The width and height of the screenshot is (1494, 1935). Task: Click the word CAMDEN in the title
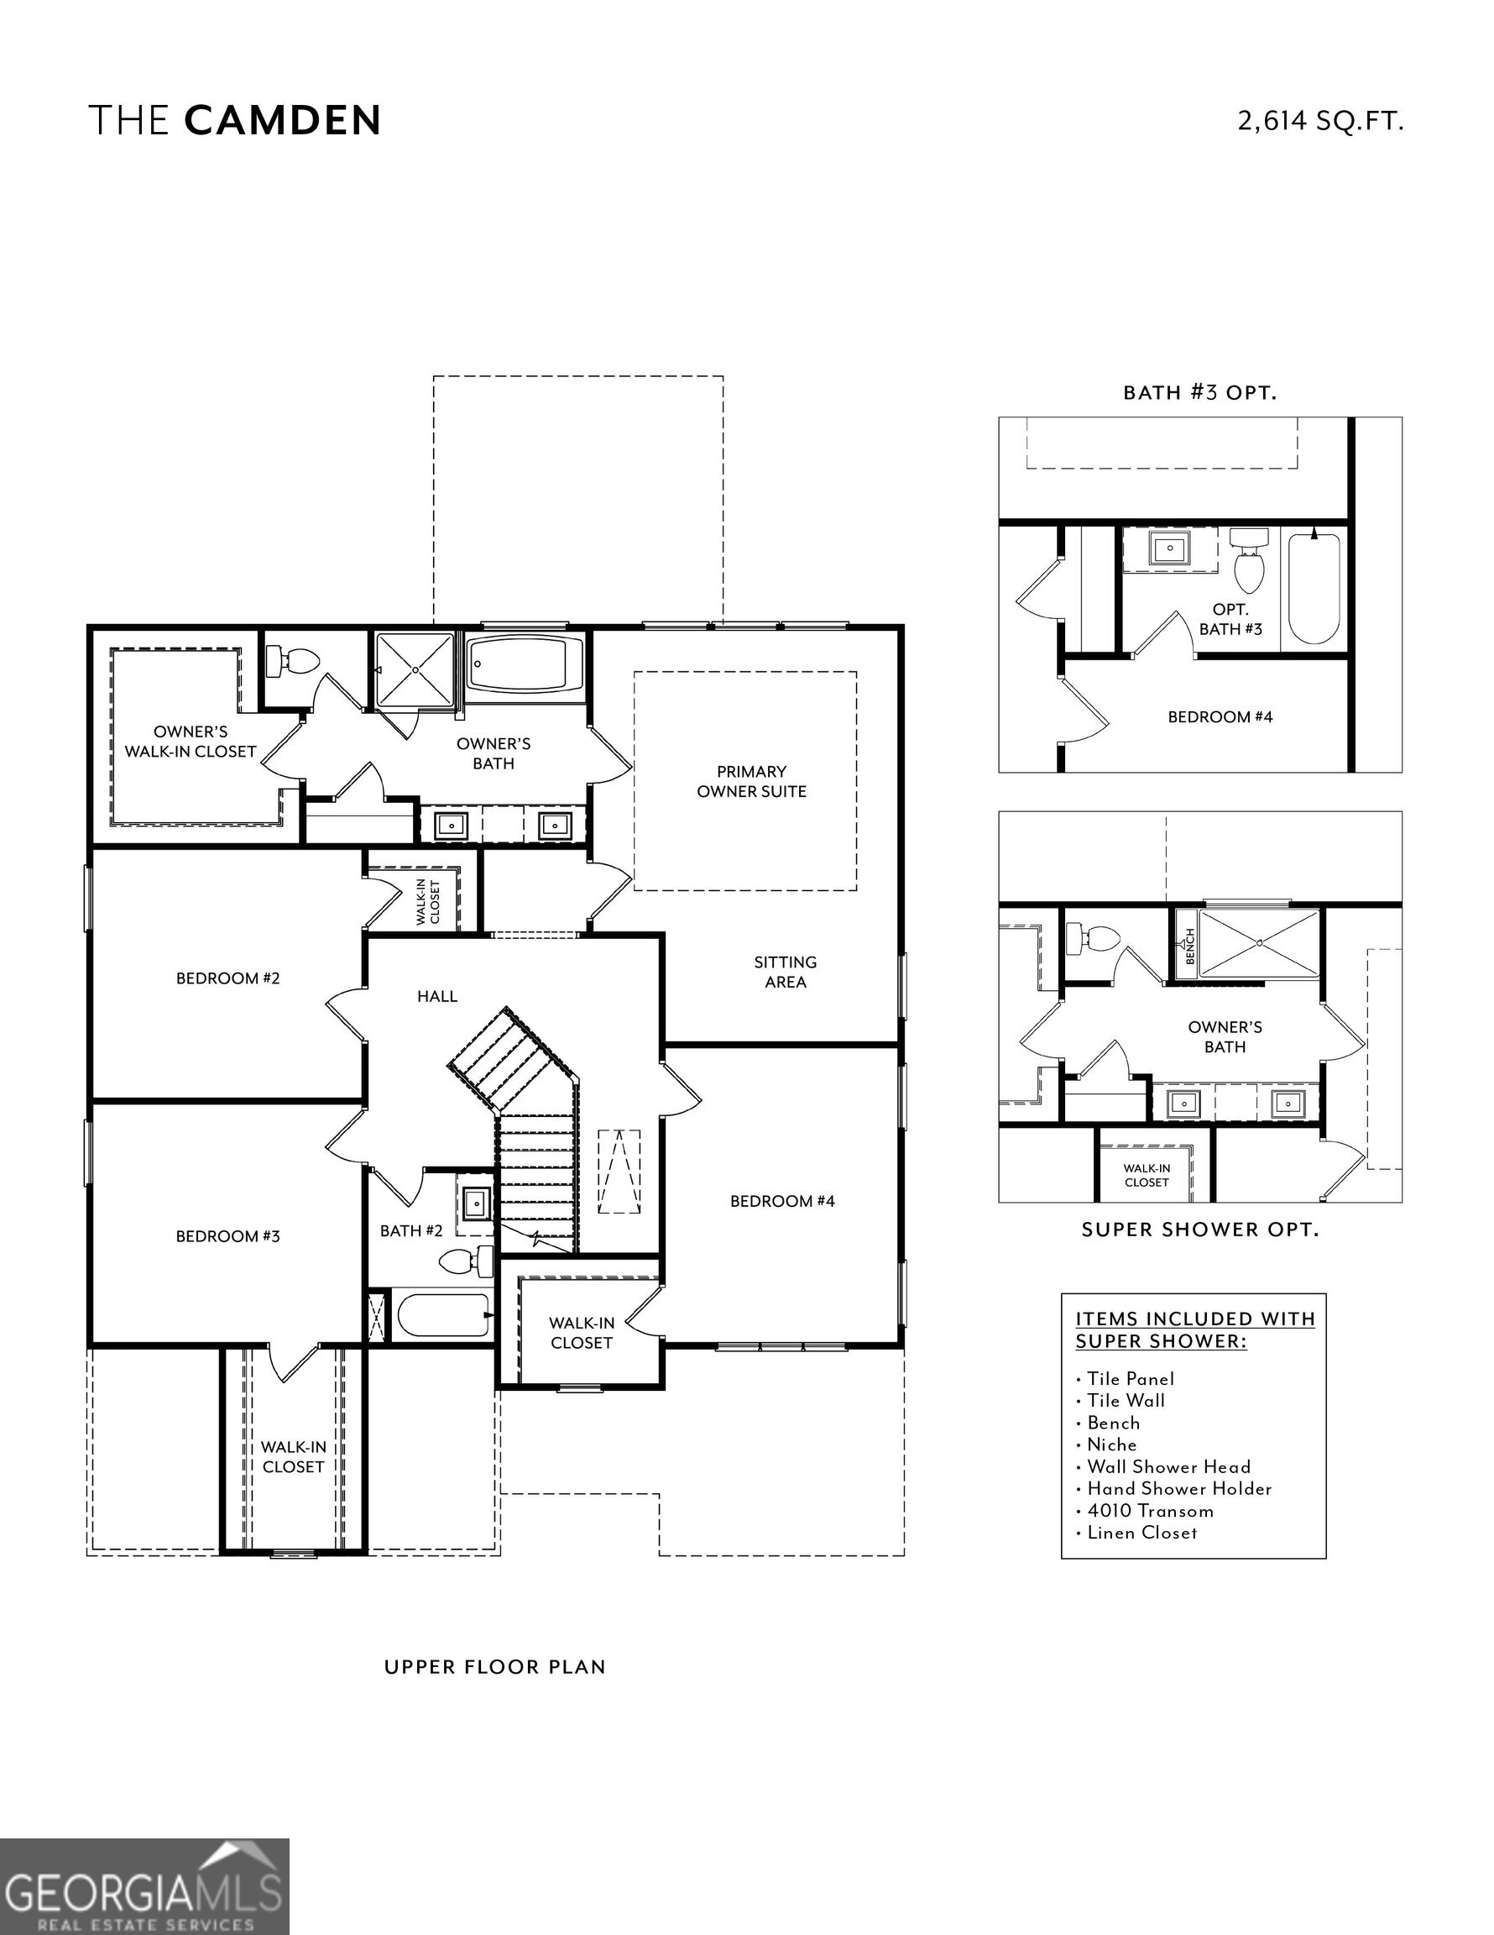pos(283,120)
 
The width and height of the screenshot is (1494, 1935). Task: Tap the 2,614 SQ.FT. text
pos(1319,120)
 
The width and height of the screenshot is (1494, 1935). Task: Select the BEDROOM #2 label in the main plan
pos(227,978)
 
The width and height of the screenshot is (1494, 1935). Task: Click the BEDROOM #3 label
pos(227,1236)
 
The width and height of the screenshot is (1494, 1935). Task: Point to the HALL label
pos(437,997)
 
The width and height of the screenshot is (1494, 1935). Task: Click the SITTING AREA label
pos(785,972)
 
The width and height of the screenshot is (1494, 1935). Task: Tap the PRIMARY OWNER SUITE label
pos(751,781)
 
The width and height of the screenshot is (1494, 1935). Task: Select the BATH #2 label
pos(411,1230)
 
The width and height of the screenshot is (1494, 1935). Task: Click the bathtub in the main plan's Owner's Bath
pos(526,664)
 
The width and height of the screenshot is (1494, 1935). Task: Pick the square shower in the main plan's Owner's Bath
pos(415,670)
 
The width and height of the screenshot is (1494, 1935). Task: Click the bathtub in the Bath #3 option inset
pos(1314,587)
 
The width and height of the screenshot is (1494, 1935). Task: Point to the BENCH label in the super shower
pos(1189,947)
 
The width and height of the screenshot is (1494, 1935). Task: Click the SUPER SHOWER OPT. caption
pos(1200,1230)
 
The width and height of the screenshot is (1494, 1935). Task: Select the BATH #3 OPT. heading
pos(1200,392)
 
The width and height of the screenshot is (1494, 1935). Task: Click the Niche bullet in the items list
pos(1111,1445)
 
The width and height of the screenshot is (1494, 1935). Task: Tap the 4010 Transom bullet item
pos(1150,1511)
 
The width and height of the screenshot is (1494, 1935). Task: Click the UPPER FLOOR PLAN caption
pos(495,1666)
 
